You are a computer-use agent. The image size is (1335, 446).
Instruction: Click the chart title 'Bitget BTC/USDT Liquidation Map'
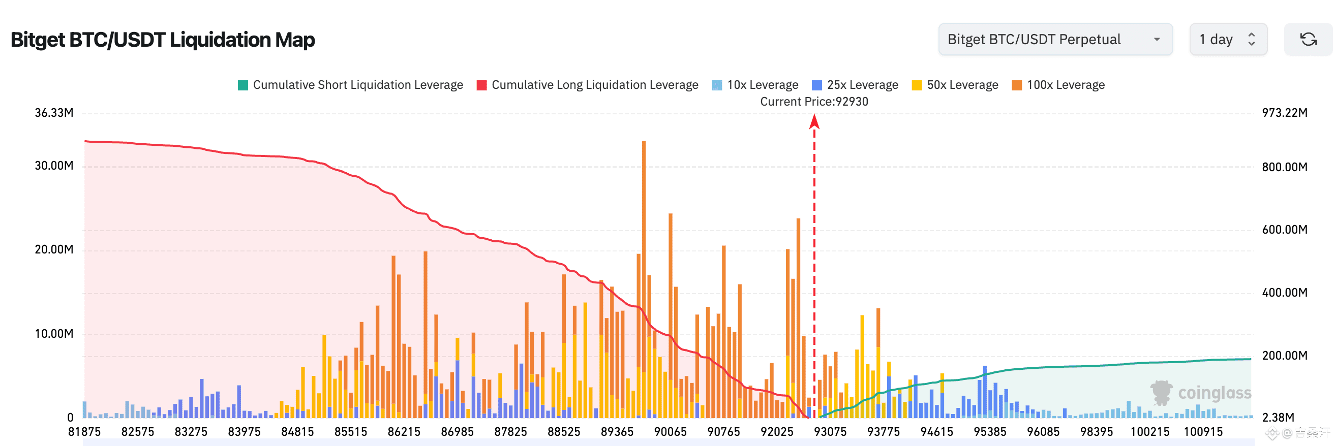tap(163, 40)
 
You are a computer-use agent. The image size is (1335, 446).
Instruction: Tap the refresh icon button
tap(1308, 40)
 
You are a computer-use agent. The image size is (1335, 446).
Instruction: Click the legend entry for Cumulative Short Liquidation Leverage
tap(350, 85)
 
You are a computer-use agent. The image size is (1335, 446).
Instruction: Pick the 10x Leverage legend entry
tap(755, 85)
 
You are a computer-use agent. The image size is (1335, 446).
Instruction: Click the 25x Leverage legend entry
tap(855, 85)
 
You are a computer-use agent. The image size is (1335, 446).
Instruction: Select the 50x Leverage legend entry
tap(955, 85)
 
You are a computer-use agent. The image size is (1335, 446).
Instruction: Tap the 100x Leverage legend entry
tap(1058, 85)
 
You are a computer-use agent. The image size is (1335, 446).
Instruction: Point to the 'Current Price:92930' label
tap(813, 102)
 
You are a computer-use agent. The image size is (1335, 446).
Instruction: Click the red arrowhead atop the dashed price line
tap(814, 122)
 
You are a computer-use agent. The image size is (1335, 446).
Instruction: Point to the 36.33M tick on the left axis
tap(54, 113)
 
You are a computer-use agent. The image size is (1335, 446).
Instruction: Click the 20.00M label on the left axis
tap(54, 250)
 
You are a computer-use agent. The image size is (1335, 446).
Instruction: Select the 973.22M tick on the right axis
tap(1284, 113)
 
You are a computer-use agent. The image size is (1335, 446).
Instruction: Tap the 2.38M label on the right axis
tap(1278, 418)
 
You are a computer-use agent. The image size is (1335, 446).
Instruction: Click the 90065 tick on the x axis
tap(670, 432)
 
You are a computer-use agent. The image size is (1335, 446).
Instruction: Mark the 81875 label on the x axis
tap(84, 432)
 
